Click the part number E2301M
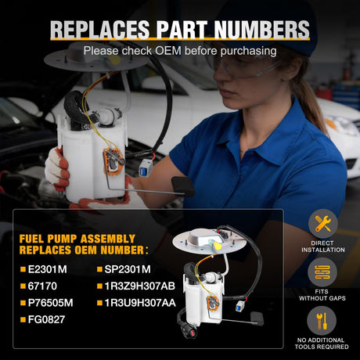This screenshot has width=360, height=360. pyautogui.click(x=47, y=269)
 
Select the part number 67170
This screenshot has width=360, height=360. pyautogui.click(x=42, y=286)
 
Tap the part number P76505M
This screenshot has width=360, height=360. pyautogui.click(x=50, y=303)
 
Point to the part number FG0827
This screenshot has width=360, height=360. pyautogui.click(x=46, y=319)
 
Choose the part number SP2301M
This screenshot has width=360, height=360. pyautogui.click(x=128, y=269)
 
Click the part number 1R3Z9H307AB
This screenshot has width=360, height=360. pyautogui.click(x=140, y=286)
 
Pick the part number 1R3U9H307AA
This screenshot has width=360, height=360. pyautogui.click(x=140, y=303)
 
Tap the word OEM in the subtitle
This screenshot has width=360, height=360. pyautogui.click(x=168, y=51)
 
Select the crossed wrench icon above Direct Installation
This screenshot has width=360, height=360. pyautogui.click(x=323, y=224)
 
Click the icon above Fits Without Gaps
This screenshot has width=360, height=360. pyautogui.click(x=322, y=272)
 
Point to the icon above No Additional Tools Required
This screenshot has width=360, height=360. pyautogui.click(x=322, y=321)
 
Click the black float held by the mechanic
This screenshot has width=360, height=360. pyautogui.click(x=182, y=186)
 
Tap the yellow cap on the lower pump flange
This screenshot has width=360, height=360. pyautogui.click(x=217, y=246)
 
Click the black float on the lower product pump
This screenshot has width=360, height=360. pyautogui.click(x=257, y=319)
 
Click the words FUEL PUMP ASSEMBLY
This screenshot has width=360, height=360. pyautogui.click(x=77, y=239)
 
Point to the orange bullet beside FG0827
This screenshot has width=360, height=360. pyautogui.click(x=23, y=319)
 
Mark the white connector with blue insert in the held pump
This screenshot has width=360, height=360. pyautogui.click(x=146, y=167)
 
